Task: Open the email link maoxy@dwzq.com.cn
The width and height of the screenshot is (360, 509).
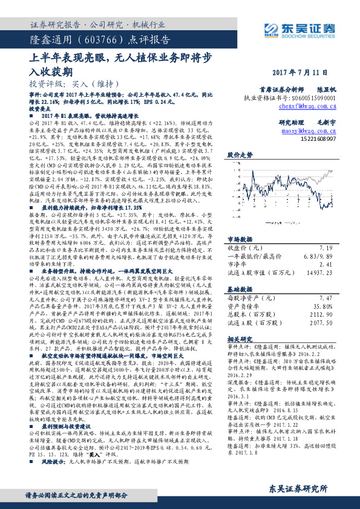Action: [309, 130]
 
